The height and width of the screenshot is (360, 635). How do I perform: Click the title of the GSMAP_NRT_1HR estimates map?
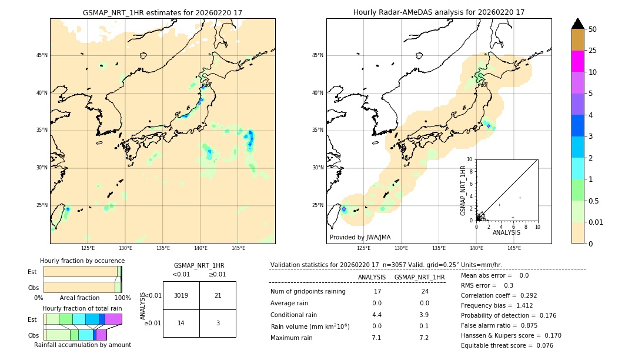162,12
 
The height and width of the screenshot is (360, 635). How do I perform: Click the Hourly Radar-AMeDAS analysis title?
439,12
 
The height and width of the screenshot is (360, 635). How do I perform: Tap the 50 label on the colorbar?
593,29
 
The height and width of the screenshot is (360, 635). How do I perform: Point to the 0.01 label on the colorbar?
596,222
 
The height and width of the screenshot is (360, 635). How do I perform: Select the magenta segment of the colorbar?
577,61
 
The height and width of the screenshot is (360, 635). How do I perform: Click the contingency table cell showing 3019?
181,295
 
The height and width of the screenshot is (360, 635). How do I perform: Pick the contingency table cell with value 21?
218,295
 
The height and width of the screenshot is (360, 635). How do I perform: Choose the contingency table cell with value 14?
181,324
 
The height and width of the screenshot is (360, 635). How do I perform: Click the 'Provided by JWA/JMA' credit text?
360,238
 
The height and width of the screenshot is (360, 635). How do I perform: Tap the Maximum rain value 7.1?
376,338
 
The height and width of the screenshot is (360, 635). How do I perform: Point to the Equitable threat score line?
507,345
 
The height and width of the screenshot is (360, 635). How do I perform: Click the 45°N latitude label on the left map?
42,55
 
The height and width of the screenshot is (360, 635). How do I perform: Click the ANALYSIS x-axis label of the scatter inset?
506,232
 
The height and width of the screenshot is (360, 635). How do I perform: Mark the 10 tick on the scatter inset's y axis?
470,159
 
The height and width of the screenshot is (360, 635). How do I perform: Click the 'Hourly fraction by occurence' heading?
82,261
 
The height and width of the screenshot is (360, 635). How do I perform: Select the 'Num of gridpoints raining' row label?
308,292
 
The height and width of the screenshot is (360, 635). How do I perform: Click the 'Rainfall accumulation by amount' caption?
82,345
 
